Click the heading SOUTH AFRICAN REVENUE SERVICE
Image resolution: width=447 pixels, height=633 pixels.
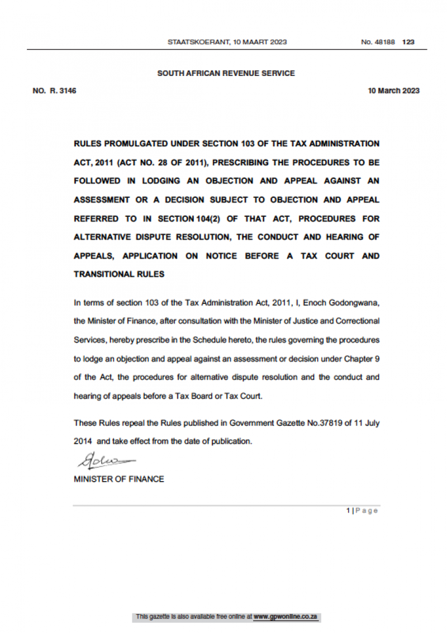(226, 73)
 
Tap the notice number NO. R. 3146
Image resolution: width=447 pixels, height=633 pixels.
(54, 91)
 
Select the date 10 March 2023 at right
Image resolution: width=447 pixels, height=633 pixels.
(393, 91)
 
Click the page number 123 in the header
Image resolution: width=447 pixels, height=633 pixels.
(408, 42)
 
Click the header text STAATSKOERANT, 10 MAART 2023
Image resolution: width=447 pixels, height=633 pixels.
(227, 42)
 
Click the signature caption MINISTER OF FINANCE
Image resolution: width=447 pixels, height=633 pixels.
(119, 479)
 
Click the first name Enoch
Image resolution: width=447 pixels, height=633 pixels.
(315, 302)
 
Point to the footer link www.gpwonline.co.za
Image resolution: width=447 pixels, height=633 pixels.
(286, 617)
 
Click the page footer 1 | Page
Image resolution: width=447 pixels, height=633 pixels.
(362, 511)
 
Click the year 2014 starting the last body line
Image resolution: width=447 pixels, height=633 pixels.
(83, 441)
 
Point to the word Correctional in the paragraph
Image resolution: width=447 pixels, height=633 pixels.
(358, 321)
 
